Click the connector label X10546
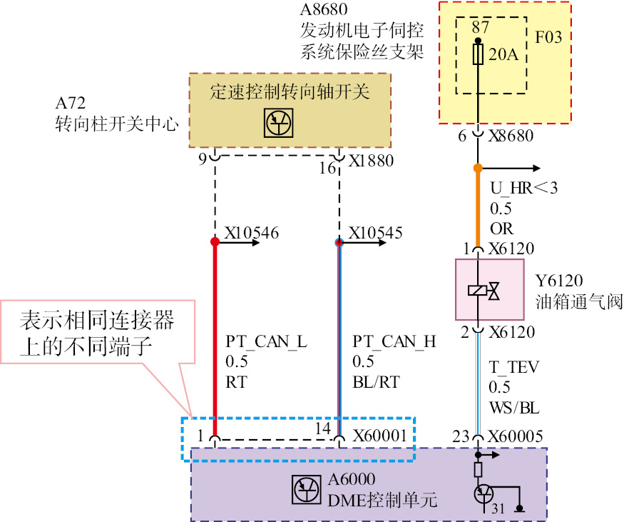(251, 233)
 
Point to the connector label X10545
(375, 233)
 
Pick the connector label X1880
(371, 161)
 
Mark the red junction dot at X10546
(215, 242)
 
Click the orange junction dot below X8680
(479, 169)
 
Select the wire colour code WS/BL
(514, 408)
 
